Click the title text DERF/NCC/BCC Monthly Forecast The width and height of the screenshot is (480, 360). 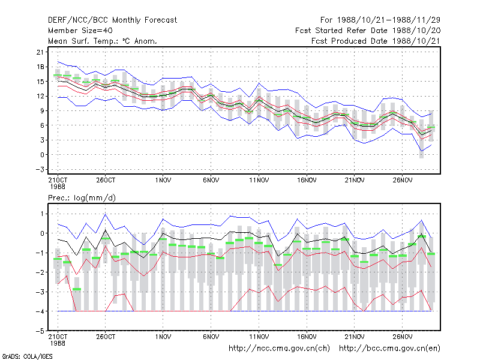click(112, 20)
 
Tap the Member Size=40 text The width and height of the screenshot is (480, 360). click(80, 31)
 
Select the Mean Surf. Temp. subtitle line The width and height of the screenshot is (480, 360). click(102, 41)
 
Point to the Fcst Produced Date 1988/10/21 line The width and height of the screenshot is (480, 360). click(376, 41)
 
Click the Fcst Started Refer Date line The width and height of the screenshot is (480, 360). click(368, 31)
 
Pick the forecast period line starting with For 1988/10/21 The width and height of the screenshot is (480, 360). click(380, 20)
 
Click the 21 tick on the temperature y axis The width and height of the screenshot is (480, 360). click(40, 52)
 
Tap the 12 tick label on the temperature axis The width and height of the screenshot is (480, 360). click(40, 96)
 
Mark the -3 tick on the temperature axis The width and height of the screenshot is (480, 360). click(40, 169)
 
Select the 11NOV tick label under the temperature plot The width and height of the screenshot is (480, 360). click(259, 180)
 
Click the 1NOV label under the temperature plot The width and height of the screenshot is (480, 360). click(163, 180)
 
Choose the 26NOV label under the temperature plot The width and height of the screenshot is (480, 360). click(402, 180)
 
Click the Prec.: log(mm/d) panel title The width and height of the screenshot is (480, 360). click(82, 198)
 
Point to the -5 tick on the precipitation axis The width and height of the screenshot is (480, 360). click(40, 331)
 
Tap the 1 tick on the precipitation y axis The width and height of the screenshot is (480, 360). click(42, 214)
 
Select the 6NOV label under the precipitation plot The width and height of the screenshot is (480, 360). click(211, 337)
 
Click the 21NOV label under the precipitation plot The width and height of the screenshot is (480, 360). click(354, 337)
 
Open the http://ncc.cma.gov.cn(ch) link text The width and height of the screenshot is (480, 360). click(279, 349)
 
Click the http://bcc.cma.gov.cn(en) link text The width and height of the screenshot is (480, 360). click(389, 349)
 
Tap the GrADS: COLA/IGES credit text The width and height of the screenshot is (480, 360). click(27, 356)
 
